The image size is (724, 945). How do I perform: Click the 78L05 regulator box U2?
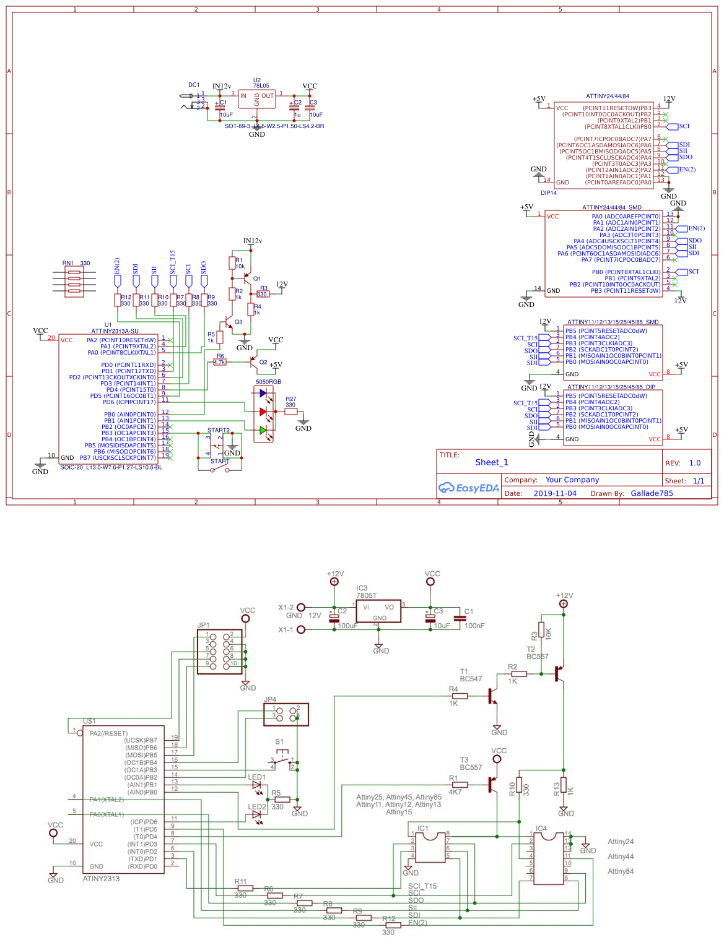[x=257, y=99]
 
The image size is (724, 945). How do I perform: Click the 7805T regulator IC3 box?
[x=378, y=611]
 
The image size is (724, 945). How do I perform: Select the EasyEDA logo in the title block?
[x=469, y=488]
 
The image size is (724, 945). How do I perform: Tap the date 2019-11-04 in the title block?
[x=554, y=493]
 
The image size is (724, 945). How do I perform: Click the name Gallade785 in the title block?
[x=652, y=493]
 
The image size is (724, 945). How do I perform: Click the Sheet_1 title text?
[x=491, y=462]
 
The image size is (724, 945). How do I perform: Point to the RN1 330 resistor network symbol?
[x=74, y=282]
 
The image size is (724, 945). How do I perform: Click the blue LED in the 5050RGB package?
[x=263, y=393]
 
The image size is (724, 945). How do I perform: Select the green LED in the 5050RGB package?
[x=263, y=429]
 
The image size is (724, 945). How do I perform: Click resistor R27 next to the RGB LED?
[x=290, y=412]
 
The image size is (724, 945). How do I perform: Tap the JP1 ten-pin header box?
[x=219, y=652]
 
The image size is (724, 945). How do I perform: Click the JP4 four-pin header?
[x=286, y=715]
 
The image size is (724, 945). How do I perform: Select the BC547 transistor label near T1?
[x=471, y=679]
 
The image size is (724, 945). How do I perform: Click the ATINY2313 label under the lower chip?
[x=101, y=879]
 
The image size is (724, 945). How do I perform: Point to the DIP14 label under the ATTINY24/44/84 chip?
[x=548, y=193]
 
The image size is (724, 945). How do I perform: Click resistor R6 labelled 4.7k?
[x=219, y=362]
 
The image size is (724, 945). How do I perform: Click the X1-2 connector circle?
[x=301, y=608]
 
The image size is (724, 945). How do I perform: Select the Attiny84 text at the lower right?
[x=620, y=871]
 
